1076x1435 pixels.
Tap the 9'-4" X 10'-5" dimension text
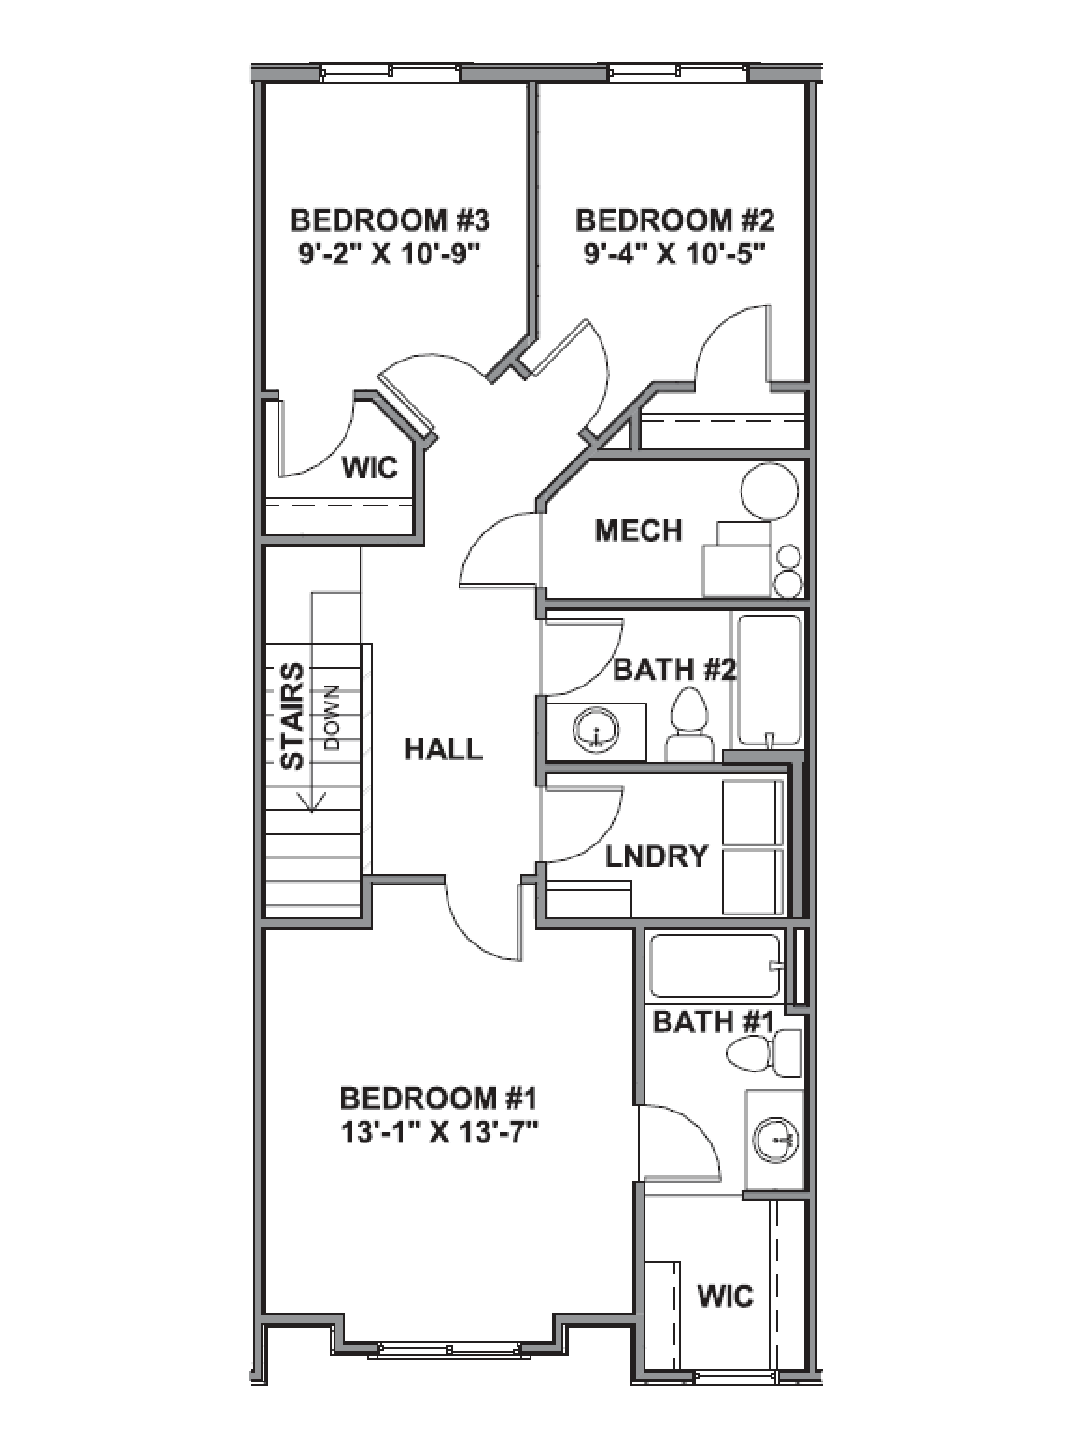pyautogui.click(x=675, y=254)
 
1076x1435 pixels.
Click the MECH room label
pyautogui.click(x=639, y=531)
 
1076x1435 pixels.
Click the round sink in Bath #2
pyautogui.click(x=595, y=731)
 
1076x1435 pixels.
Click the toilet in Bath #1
pyautogui.click(x=763, y=1054)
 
